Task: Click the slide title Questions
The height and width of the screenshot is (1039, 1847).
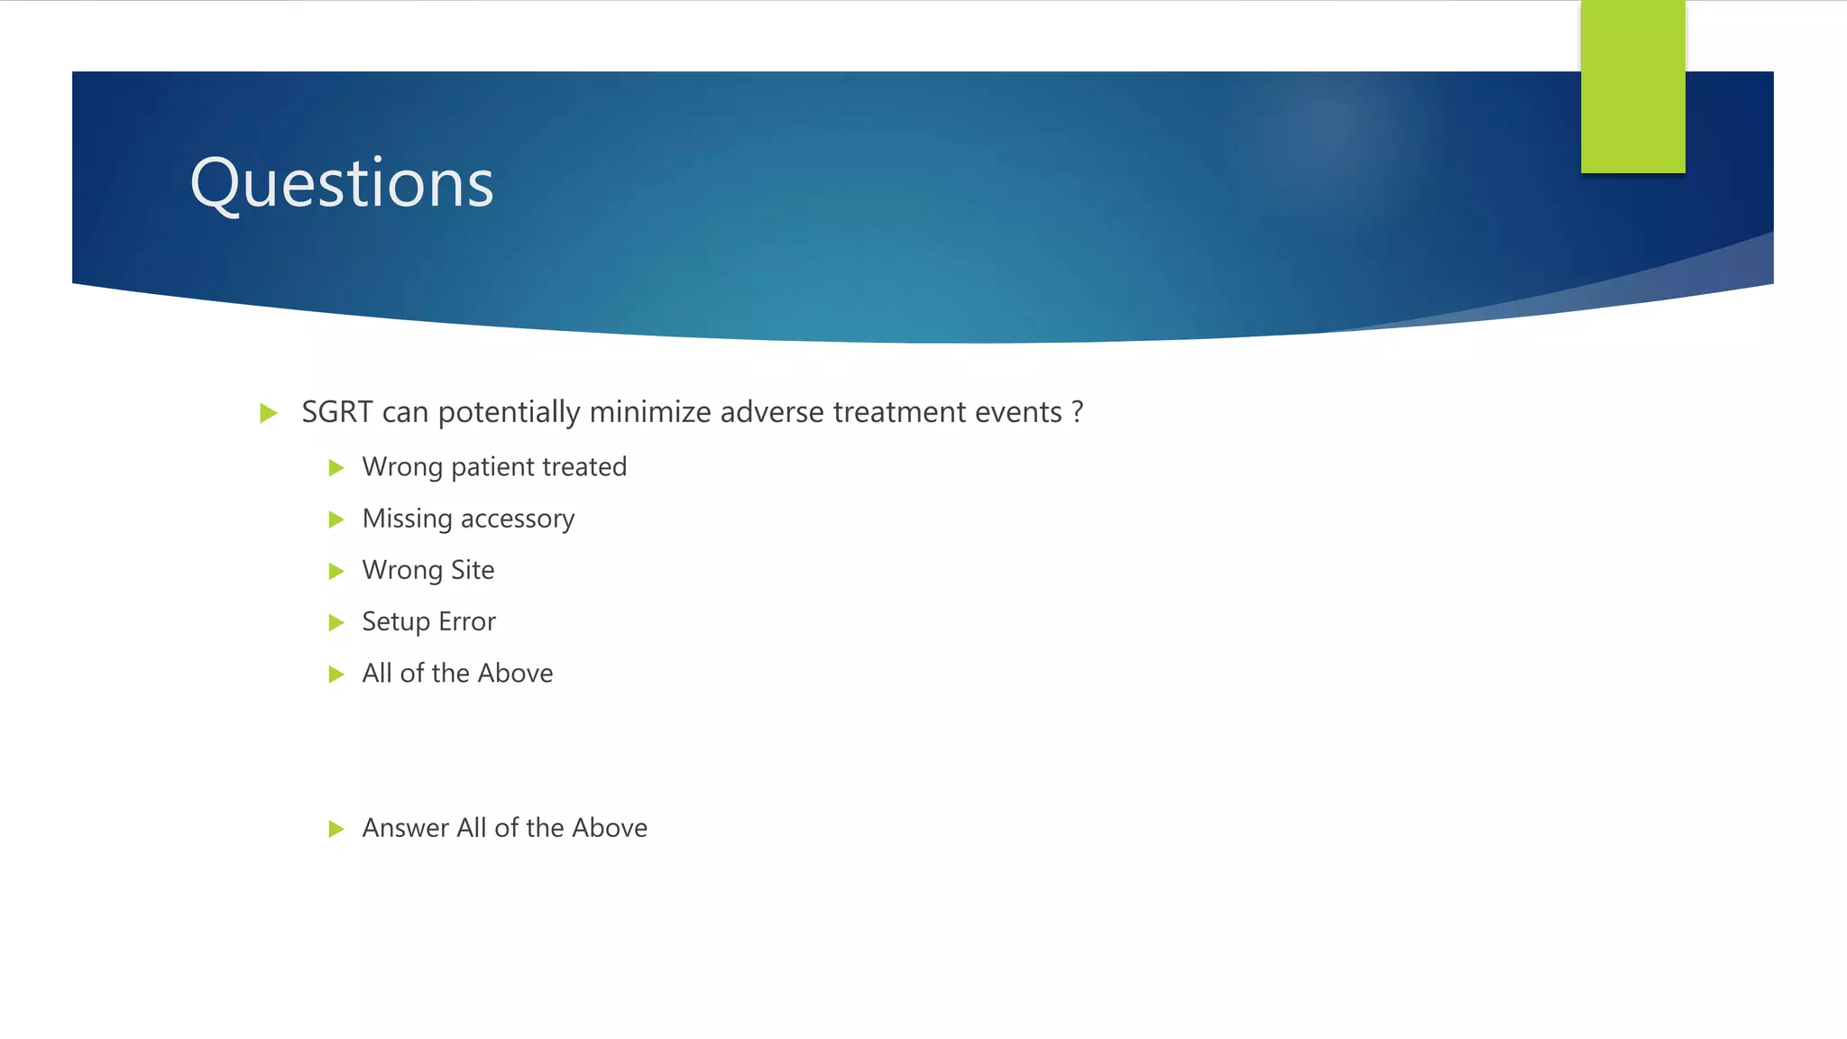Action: click(342, 183)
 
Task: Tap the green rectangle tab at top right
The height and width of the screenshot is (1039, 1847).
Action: click(1632, 87)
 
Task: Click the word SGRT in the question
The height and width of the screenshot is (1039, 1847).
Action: click(337, 412)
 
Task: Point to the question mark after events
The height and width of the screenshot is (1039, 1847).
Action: click(1078, 412)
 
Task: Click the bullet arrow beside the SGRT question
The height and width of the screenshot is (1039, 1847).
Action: click(268, 413)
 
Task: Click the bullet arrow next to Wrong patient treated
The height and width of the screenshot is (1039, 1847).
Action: click(336, 467)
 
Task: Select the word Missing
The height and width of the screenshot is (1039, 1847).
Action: click(407, 519)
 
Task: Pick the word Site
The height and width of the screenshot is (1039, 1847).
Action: click(473, 570)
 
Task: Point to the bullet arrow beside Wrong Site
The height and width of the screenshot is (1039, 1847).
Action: click(336, 571)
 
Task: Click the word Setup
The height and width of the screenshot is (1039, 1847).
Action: click(396, 622)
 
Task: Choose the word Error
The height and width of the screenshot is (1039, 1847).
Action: click(467, 621)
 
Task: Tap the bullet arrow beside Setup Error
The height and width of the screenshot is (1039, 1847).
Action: click(336, 622)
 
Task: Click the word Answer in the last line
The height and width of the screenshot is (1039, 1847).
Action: click(405, 828)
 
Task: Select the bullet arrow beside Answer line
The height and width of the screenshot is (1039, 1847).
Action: click(336, 829)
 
